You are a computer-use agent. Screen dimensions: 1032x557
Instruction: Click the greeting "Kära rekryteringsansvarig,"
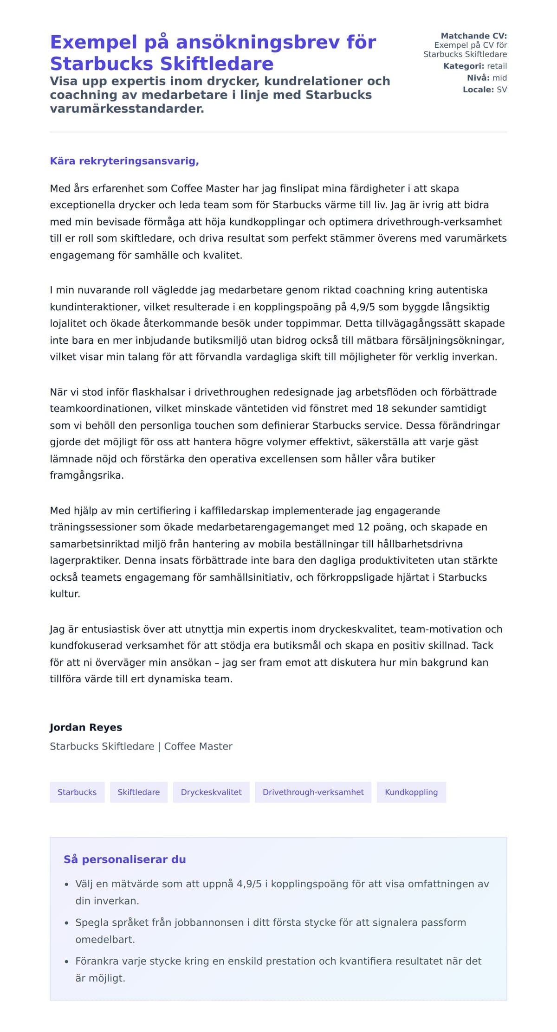pos(124,161)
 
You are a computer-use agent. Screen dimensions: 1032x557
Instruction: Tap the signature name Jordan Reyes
pos(86,727)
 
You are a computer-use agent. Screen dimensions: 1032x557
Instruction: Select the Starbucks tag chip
pos(77,792)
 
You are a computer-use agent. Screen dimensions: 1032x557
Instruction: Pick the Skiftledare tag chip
pos(139,792)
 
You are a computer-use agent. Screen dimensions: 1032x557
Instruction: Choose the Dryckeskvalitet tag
pos(211,792)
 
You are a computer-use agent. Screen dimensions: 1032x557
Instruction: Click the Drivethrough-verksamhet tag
pos(313,792)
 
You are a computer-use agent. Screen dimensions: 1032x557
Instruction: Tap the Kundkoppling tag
pos(411,792)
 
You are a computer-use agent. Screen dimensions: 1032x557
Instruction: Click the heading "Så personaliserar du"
pos(125,859)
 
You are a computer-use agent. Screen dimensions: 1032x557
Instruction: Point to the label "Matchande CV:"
pos(473,36)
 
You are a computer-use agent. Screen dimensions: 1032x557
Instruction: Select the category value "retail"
pos(497,66)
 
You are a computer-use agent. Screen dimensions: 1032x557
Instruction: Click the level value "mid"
pos(499,78)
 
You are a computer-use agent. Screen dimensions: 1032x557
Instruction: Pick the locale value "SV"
pos(502,90)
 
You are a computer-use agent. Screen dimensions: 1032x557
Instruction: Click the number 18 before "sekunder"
pos(382,409)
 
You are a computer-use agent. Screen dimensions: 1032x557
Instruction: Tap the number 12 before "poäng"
pos(363,527)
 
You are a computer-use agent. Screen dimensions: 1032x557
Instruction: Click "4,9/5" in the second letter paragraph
pos(363,307)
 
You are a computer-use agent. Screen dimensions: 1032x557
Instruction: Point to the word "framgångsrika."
pos(87,475)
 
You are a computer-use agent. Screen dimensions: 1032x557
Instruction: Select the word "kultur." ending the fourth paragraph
pos(65,594)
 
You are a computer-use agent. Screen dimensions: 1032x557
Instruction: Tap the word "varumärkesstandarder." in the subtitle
pos(127,109)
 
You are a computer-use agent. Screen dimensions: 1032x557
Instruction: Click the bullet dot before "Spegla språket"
pos(67,923)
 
